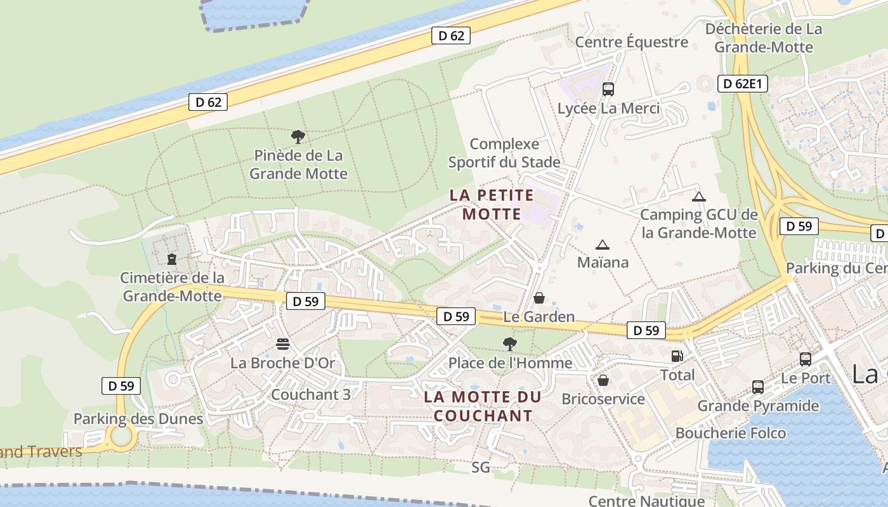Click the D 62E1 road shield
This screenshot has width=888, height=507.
[743, 84]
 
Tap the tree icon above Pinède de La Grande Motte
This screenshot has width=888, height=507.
[297, 136]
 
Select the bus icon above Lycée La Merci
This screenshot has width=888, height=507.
[608, 89]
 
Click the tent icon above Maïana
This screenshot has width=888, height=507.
[603, 245]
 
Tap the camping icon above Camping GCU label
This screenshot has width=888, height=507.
[699, 196]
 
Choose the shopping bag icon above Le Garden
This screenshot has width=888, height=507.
[539, 297]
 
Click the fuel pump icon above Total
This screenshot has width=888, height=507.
[677, 356]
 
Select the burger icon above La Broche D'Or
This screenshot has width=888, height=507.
[283, 344]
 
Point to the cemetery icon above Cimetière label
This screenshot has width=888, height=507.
[171, 259]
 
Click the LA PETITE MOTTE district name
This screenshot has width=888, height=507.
[492, 204]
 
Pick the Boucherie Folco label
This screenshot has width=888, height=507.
[731, 433]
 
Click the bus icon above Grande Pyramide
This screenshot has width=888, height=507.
[757, 387]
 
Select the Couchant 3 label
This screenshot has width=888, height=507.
[310, 394]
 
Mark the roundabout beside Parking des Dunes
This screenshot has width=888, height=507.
[121, 437]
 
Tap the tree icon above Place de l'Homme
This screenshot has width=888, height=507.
[509, 344]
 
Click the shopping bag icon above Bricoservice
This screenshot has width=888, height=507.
[603, 380]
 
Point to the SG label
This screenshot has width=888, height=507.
[481, 468]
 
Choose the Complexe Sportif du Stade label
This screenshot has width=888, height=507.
[504, 153]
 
